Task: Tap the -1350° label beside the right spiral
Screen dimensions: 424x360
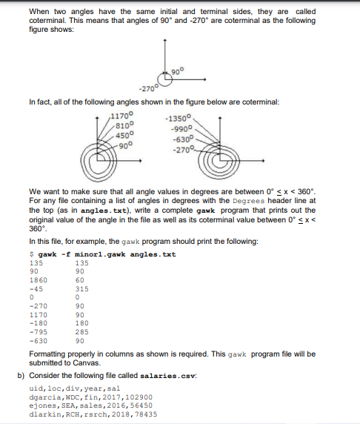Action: tap(180, 117)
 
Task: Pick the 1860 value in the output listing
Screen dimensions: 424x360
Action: tap(36, 281)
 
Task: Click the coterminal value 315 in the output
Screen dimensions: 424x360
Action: tap(83, 288)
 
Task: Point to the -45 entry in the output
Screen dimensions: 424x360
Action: tap(34, 288)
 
